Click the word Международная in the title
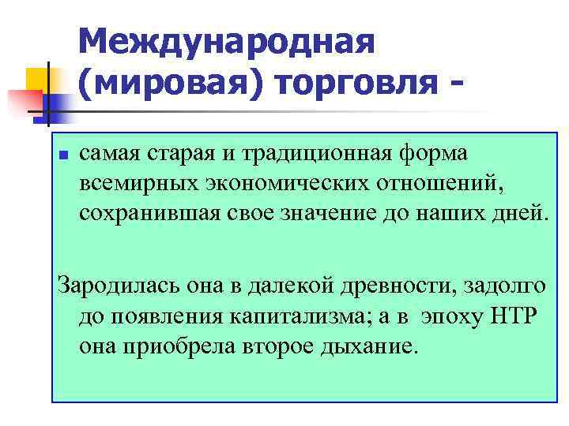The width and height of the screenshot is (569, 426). tap(226, 41)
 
